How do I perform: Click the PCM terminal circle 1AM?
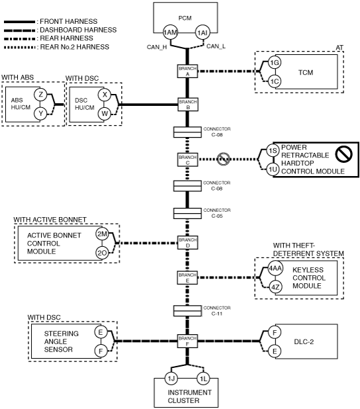pos(170,32)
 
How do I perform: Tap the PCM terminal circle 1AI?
pos(202,32)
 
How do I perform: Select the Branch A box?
pos(187,71)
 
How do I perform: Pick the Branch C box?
pos(187,159)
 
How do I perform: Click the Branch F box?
pos(187,341)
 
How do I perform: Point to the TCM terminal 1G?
pos(275,63)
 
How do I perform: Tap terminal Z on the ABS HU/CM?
pos(40,95)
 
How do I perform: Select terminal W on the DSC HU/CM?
pos(105,114)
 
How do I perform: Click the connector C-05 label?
pos(217,213)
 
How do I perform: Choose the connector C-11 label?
pos(217,310)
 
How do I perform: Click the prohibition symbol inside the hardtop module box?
pos(344,154)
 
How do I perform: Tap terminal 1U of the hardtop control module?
pos(273,169)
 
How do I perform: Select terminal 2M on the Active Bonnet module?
pos(102,234)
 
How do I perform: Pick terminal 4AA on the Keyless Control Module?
pos(275,268)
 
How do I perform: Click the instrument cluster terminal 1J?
pos(171,379)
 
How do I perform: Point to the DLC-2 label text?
pos(304,341)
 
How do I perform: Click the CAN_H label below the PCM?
pos(157,47)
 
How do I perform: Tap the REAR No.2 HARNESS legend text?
pos(74,47)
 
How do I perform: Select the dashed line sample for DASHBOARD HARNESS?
pos(19,30)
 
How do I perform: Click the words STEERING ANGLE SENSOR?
pos(61,341)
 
